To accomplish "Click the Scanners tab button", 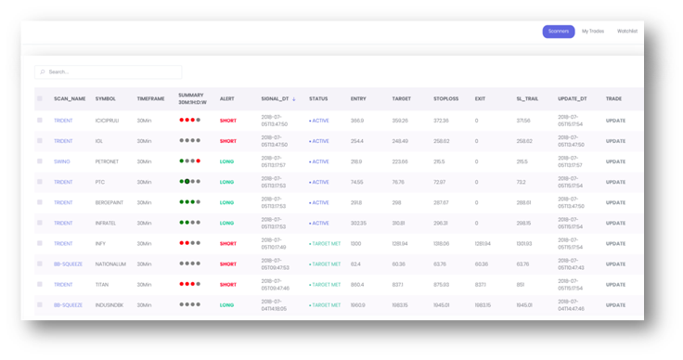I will pyautogui.click(x=559, y=32).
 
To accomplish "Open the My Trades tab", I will pyautogui.click(x=593, y=32).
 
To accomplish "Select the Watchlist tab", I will pyautogui.click(x=627, y=32).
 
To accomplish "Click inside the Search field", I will pyautogui.click(x=110, y=71).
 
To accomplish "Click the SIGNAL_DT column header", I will pyautogui.click(x=276, y=98).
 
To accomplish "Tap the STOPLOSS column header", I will pyautogui.click(x=445, y=98).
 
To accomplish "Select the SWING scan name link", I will pyautogui.click(x=61, y=161).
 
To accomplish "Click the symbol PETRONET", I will pyautogui.click(x=108, y=161).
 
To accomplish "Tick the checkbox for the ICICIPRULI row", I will pyautogui.click(x=40, y=121).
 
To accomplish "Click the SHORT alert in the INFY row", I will pyautogui.click(x=228, y=244).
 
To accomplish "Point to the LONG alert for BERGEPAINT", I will pyautogui.click(x=227, y=202).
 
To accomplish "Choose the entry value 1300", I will pyautogui.click(x=357, y=244).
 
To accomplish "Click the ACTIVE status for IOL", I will pyautogui.click(x=319, y=141).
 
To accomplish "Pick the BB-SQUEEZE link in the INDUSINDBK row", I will pyautogui.click(x=68, y=305).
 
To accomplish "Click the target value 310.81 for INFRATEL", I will pyautogui.click(x=398, y=224).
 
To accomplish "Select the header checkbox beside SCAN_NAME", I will pyautogui.click(x=40, y=98).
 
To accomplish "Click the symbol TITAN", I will pyautogui.click(x=103, y=285).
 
